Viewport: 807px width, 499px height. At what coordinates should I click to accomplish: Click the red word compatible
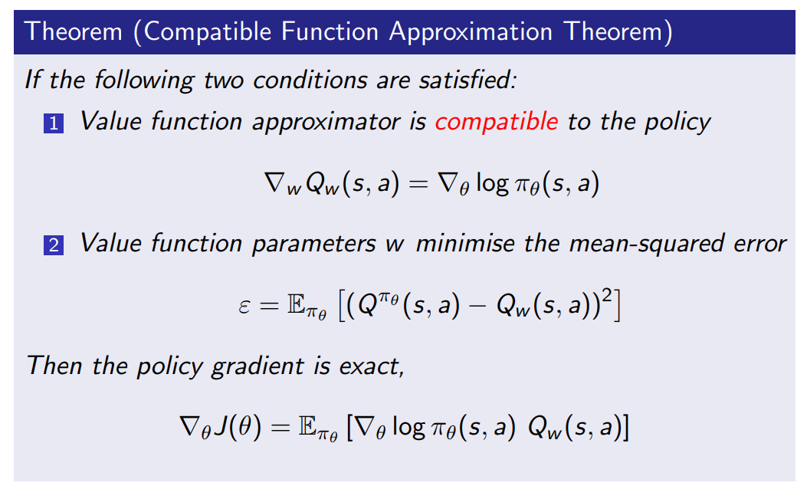click(x=496, y=121)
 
